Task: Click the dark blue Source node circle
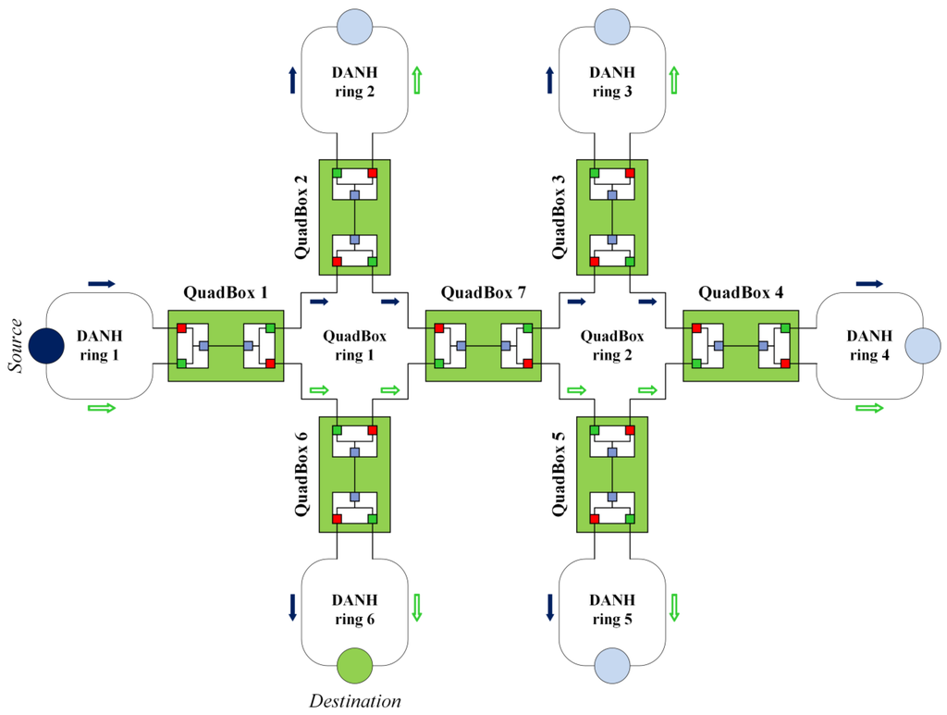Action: [x=46, y=346]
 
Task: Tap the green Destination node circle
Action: [x=354, y=665]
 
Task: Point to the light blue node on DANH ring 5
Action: [x=611, y=665]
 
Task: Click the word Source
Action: [x=15, y=346]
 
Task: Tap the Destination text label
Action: [x=355, y=700]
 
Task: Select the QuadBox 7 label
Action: [x=483, y=294]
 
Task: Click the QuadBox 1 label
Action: [x=226, y=294]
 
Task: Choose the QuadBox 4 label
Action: [x=741, y=294]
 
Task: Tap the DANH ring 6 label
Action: [x=354, y=610]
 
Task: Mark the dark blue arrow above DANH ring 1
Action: [x=102, y=283]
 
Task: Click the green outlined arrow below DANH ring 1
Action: [x=102, y=407]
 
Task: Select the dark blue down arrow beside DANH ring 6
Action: [x=293, y=606]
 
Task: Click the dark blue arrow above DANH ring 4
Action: [x=870, y=283]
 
